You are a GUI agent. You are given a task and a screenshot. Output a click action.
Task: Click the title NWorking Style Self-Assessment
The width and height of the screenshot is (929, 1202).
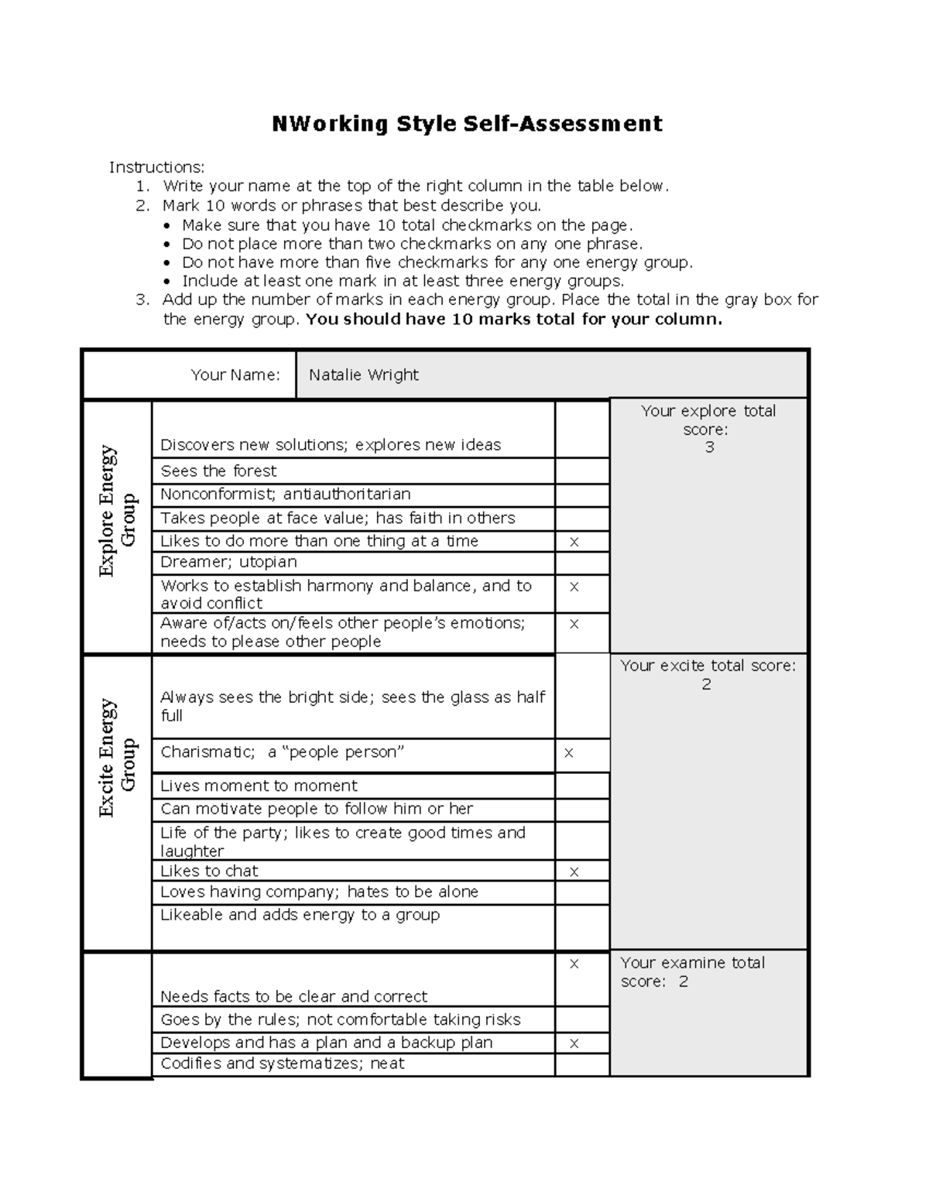[467, 124]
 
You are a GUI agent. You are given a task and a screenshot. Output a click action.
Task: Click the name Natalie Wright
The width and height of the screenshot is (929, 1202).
[363, 375]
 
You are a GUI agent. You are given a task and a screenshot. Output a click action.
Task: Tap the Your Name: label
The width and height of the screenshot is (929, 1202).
[235, 375]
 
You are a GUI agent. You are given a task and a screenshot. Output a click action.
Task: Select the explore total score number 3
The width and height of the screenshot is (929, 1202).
[709, 447]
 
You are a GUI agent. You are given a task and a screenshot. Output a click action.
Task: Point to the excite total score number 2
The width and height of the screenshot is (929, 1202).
[706, 684]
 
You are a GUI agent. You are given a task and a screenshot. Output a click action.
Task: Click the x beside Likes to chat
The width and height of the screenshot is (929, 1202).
[574, 872]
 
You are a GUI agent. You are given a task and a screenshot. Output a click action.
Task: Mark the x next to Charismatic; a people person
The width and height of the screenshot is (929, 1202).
[569, 753]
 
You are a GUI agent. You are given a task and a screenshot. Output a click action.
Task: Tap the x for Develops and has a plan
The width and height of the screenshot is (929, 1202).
[574, 1043]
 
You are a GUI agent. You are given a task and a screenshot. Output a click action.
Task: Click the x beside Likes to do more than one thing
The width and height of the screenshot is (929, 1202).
[574, 542]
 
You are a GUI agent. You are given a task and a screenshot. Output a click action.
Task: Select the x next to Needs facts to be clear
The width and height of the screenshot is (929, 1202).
[574, 964]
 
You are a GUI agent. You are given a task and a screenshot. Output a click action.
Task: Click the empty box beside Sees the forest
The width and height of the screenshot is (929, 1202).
[582, 471]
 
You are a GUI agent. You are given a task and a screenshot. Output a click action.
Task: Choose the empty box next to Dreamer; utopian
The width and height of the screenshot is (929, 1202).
[582, 563]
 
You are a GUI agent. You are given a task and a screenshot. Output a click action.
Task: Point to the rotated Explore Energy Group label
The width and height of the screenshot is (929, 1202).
[117, 511]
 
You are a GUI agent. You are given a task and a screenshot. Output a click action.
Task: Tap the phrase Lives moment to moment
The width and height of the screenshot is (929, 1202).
[259, 786]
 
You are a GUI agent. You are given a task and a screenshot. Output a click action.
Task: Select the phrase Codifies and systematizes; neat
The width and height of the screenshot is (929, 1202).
[282, 1064]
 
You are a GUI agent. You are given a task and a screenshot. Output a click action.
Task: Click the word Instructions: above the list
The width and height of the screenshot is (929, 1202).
[156, 167]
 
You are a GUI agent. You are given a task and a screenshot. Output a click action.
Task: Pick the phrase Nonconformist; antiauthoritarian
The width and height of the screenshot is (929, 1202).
[285, 495]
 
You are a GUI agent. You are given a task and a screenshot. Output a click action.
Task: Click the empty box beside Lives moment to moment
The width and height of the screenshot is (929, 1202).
[582, 786]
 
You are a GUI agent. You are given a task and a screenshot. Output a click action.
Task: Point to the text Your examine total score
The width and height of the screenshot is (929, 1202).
[692, 972]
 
